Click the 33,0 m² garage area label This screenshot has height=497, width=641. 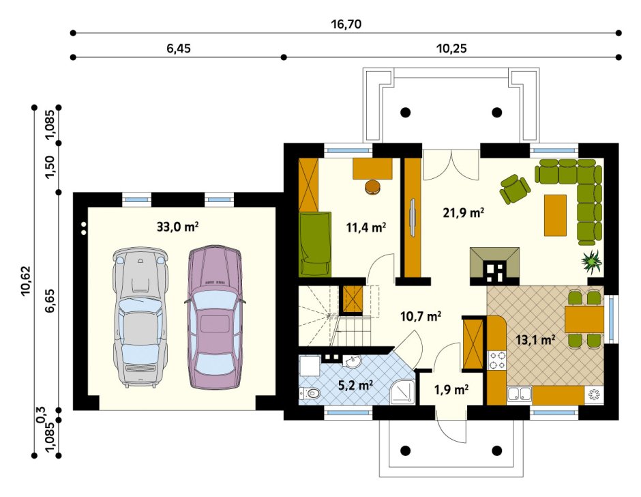click(178, 227)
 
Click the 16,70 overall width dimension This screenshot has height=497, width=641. click(346, 24)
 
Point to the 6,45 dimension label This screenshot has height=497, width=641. click(178, 48)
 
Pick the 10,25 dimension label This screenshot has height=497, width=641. click(451, 48)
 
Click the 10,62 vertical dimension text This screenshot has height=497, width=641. click(26, 281)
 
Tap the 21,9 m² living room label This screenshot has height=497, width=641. click(464, 213)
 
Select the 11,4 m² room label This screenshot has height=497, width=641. click(366, 227)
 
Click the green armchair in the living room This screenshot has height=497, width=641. click(514, 188)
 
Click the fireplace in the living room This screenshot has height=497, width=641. click(494, 266)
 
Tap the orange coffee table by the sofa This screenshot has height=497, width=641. click(555, 215)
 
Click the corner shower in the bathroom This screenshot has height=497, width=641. click(403, 392)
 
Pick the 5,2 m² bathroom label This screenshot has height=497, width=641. click(356, 385)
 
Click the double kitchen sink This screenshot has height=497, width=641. click(519, 394)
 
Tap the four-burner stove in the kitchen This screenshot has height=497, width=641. click(496, 360)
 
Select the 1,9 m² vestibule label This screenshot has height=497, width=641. click(451, 390)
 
